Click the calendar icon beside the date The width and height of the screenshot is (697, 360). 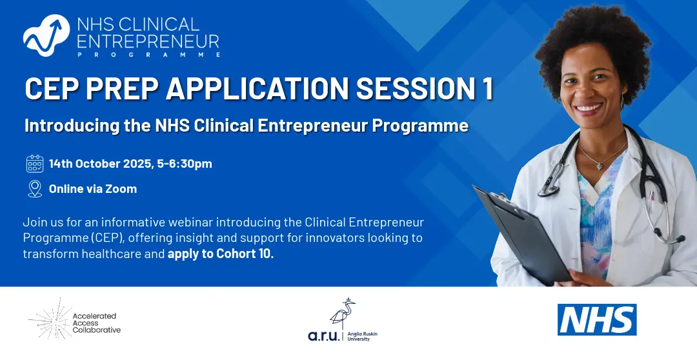[35, 164]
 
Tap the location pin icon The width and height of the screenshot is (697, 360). [35, 189]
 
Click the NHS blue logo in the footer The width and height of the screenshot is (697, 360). [597, 319]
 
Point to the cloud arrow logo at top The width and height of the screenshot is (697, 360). [46, 35]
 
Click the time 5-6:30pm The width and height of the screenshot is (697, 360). [185, 164]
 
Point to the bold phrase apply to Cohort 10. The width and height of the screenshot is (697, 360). [221, 254]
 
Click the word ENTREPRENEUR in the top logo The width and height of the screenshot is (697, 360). [148, 41]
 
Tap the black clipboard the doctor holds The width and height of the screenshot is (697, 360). [522, 234]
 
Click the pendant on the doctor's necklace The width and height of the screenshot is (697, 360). [600, 166]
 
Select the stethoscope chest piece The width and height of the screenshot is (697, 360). [550, 186]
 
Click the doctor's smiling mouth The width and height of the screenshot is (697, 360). [589, 108]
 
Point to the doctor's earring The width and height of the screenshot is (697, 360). [622, 101]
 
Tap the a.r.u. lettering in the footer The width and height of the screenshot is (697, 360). [324, 335]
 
